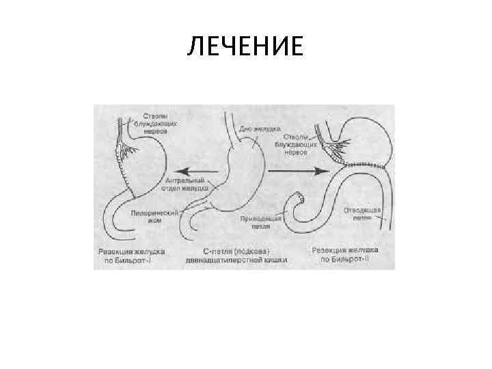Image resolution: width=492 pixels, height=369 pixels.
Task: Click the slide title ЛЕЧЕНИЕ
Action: click(x=245, y=47)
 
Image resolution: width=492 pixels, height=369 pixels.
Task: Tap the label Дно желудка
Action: click(x=256, y=128)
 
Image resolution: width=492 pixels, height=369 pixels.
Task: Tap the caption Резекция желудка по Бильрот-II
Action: click(x=344, y=255)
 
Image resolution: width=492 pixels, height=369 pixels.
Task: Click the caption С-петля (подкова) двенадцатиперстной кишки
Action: click(x=236, y=255)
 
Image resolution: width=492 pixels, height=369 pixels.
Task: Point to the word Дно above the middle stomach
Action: click(x=245, y=128)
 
